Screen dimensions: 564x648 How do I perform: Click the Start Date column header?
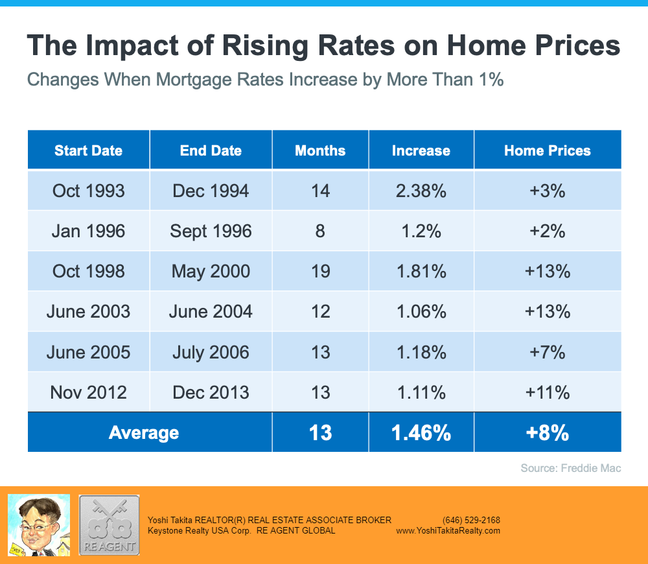88,150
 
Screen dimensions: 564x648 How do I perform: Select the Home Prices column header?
548,150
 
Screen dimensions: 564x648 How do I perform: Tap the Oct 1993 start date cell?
88,191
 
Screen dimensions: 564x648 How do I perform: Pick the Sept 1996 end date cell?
211,231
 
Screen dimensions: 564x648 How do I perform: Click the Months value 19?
320,271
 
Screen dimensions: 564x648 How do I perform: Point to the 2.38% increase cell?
421,191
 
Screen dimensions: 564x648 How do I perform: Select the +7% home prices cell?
548,352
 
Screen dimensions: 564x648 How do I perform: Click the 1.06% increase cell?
421,311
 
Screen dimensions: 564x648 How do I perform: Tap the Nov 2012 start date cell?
88,392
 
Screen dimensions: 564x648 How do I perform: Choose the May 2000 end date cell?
211,271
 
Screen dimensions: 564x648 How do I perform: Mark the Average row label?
144,432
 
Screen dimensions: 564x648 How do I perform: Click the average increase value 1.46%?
421,432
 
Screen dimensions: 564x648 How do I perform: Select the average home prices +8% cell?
548,432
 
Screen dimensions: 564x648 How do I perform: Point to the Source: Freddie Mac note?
570,468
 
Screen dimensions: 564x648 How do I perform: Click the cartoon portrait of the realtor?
38,524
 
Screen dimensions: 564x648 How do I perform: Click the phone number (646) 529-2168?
471,520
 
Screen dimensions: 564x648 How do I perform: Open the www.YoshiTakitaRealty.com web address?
448,530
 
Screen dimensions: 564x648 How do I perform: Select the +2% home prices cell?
548,231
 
